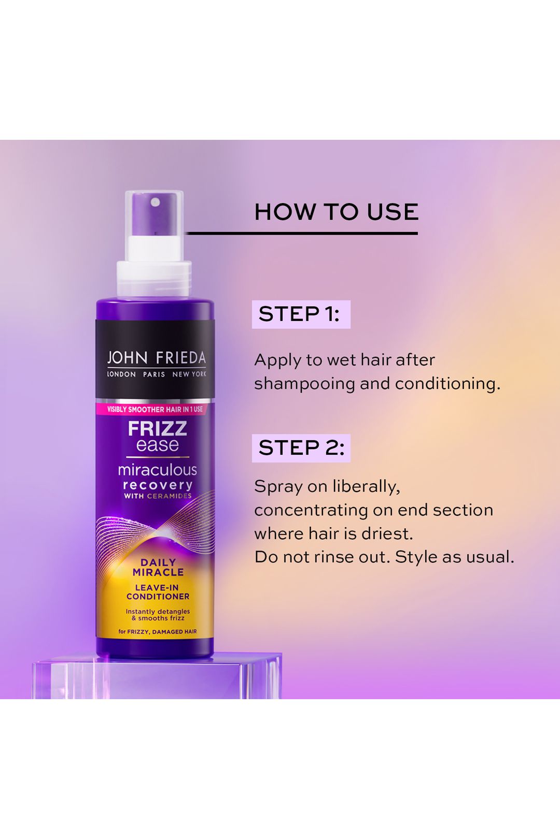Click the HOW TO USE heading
[x=336, y=212]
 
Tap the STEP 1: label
[x=300, y=314]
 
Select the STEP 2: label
[x=301, y=448]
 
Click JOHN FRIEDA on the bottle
[x=157, y=358]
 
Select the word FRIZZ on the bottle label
[x=157, y=429]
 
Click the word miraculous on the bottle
[x=157, y=470]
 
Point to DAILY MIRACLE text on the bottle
[x=158, y=567]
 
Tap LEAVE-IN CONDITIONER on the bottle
[x=158, y=592]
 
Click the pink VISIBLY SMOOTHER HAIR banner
[x=155, y=409]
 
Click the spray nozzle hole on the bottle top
[x=155, y=202]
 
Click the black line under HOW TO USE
[x=302, y=234]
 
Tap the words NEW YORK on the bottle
[x=189, y=374]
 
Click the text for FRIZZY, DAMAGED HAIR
[x=158, y=631]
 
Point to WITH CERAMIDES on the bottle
[x=158, y=496]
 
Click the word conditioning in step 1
[x=447, y=384]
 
